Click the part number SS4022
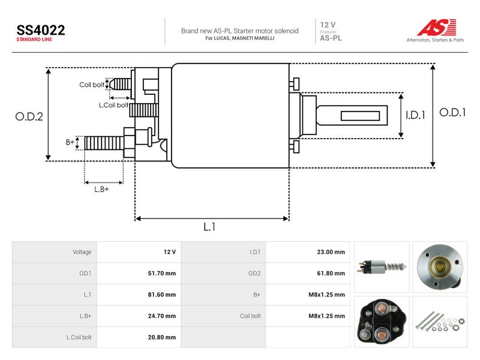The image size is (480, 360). tap(41, 31)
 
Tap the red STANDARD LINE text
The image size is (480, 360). tap(34, 40)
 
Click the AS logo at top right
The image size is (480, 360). tap(436, 28)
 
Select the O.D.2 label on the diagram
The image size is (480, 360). tap(29, 116)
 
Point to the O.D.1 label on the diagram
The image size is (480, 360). tap(452, 113)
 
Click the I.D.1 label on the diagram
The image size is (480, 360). tap(415, 115)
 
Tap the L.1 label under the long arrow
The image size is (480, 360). tap(209, 227)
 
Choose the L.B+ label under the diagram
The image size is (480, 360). tap(101, 190)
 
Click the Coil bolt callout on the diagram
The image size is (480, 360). tap(92, 85)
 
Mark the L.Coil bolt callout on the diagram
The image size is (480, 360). tap(113, 106)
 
